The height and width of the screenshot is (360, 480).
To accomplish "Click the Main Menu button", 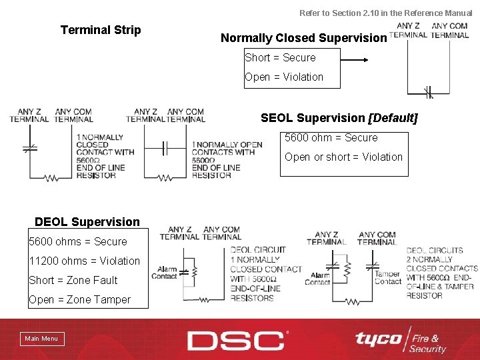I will click(x=41, y=339).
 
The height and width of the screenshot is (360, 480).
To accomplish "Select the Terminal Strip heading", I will click(x=101, y=30).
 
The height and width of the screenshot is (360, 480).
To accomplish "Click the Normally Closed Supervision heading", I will click(x=303, y=38).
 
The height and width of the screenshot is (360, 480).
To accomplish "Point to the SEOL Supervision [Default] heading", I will click(x=339, y=118).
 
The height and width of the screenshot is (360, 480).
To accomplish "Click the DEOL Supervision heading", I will click(x=87, y=222).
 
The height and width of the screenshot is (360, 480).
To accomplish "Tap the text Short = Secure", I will click(x=280, y=58).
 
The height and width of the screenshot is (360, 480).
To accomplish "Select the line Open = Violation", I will click(x=284, y=77).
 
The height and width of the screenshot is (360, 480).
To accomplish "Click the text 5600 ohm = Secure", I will click(x=331, y=138).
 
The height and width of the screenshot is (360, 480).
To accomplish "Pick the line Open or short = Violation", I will click(x=343, y=157).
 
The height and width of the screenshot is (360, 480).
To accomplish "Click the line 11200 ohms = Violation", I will click(x=85, y=261).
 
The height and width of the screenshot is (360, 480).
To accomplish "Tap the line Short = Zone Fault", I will click(x=73, y=280).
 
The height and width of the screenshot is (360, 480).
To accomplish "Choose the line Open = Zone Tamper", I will click(x=79, y=299).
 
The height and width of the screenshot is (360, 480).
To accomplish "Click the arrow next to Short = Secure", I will click(x=349, y=59).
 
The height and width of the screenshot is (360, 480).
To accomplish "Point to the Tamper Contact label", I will click(x=387, y=278).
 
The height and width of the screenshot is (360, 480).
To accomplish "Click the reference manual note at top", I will click(x=385, y=13).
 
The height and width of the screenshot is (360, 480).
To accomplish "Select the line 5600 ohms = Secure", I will click(x=78, y=241).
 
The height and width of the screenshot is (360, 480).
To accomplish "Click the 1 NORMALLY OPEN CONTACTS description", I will click(x=227, y=160).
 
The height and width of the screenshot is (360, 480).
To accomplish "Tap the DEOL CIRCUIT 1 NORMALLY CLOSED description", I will click(x=265, y=273).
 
